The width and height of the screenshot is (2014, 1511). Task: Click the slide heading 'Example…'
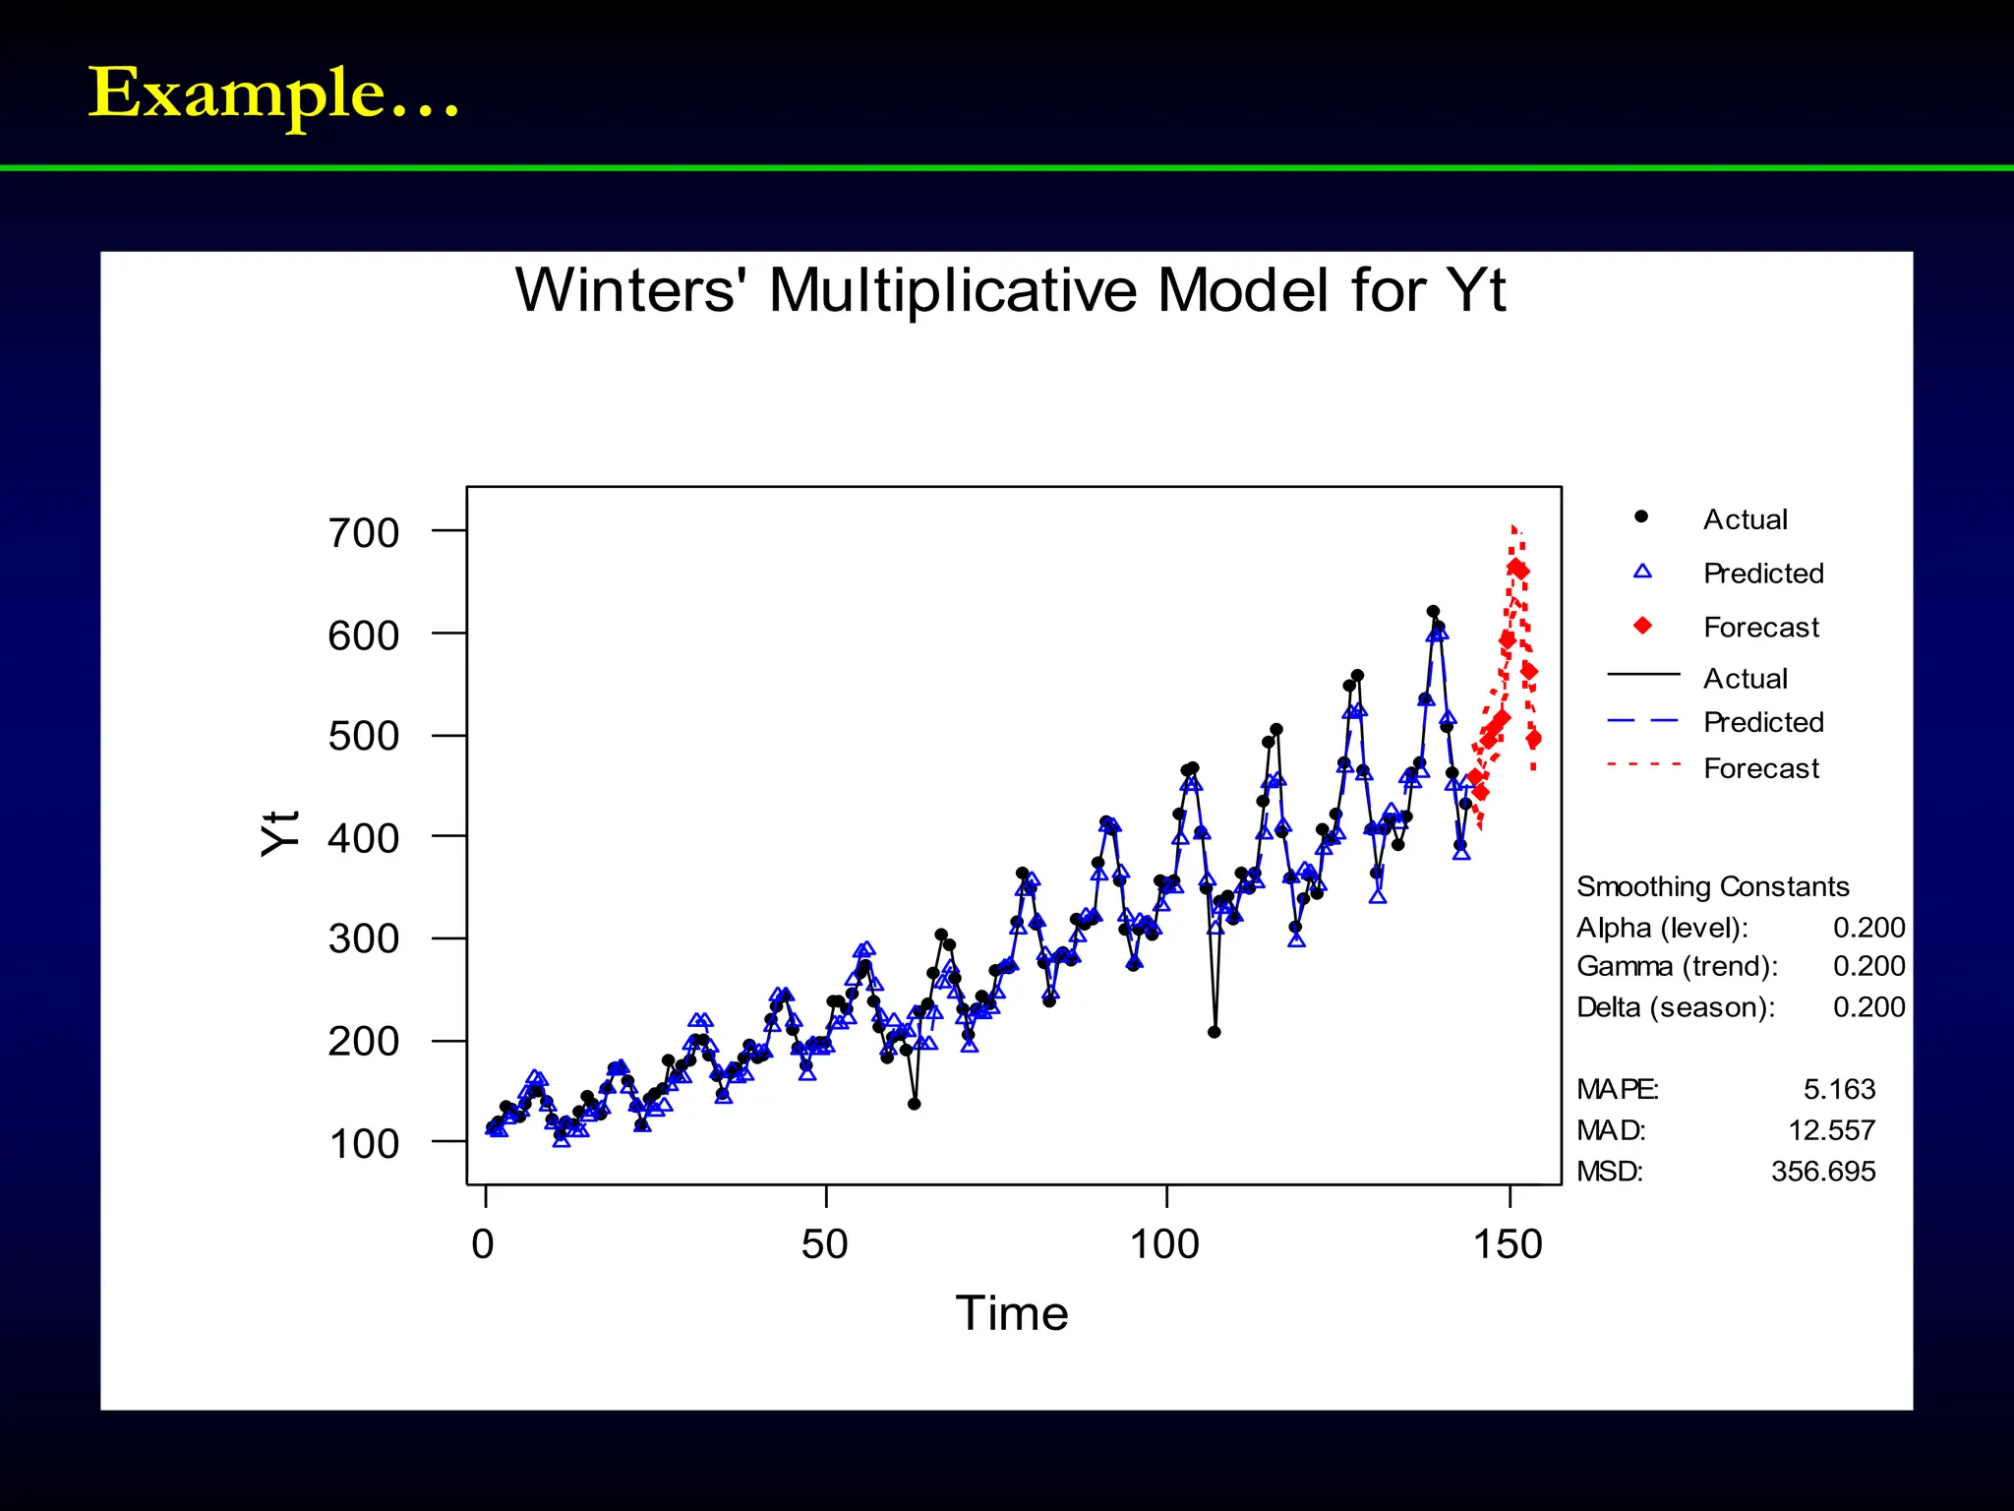tap(273, 93)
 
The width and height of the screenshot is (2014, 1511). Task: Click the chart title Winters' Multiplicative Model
tap(1010, 290)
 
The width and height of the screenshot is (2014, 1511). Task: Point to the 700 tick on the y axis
tap(364, 533)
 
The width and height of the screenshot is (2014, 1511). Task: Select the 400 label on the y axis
tap(364, 838)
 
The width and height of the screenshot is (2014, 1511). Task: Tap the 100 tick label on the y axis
tap(364, 1144)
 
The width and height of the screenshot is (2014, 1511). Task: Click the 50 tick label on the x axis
tap(824, 1244)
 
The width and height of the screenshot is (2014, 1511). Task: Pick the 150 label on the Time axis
tap(1508, 1244)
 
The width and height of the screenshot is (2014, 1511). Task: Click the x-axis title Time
tap(1011, 1313)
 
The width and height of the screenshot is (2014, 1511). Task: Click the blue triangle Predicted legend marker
tap(1642, 572)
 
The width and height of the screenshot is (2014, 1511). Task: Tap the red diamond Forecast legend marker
tap(1642, 626)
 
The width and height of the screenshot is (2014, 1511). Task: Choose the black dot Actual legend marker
tap(1640, 516)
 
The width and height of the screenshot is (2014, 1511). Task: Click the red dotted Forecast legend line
tap(1643, 764)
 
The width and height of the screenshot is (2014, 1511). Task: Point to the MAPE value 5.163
tap(1839, 1089)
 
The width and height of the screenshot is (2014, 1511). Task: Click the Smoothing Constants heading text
tap(1712, 886)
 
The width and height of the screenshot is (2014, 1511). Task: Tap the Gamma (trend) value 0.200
tap(1868, 966)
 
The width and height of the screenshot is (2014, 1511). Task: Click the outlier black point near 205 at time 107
tap(1214, 1032)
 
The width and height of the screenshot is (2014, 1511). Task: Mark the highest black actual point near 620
tap(1433, 612)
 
